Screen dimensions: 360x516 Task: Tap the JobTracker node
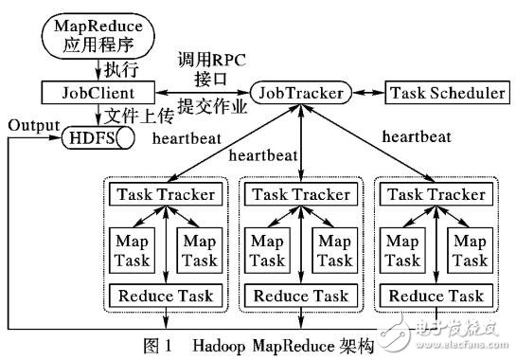click(297, 93)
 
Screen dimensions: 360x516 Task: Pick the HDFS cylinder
click(95, 139)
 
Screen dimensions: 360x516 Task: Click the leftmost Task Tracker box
click(167, 194)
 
